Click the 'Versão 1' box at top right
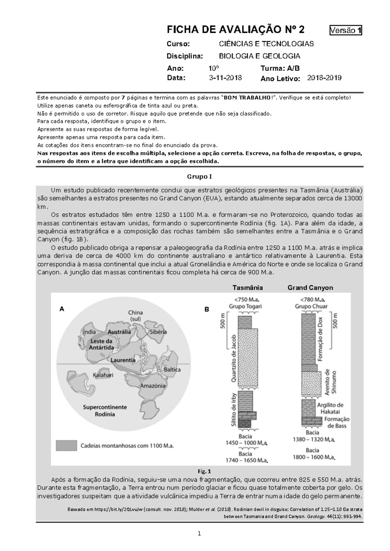tap(345, 31)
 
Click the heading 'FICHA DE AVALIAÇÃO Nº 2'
tap(236, 30)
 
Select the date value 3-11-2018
tap(225, 78)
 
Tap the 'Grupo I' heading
tap(199, 177)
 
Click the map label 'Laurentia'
tap(123, 360)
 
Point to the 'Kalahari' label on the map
tap(103, 375)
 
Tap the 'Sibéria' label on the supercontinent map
tap(158, 332)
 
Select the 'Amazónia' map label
tap(153, 386)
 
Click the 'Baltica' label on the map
tap(172, 370)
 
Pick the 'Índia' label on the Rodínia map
tap(89, 332)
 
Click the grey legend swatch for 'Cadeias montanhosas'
tap(66, 446)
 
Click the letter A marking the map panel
tap(61, 309)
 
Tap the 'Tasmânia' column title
tap(248, 288)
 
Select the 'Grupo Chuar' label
tap(311, 306)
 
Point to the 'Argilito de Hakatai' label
tap(330, 408)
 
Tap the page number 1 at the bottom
tap(199, 533)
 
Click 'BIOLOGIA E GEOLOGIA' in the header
tap(259, 56)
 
